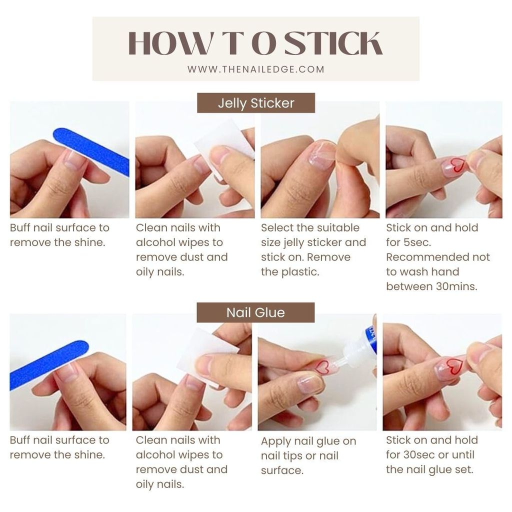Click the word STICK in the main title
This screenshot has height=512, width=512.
pyautogui.click(x=333, y=43)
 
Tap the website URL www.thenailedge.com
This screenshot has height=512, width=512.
pyautogui.click(x=256, y=69)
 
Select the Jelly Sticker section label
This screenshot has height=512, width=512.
pyautogui.click(x=256, y=103)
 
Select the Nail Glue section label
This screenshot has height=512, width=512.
pyautogui.click(x=255, y=312)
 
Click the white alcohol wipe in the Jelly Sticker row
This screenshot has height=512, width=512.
pyautogui.click(x=225, y=145)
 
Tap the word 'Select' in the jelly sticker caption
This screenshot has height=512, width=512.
pyautogui.click(x=276, y=228)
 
